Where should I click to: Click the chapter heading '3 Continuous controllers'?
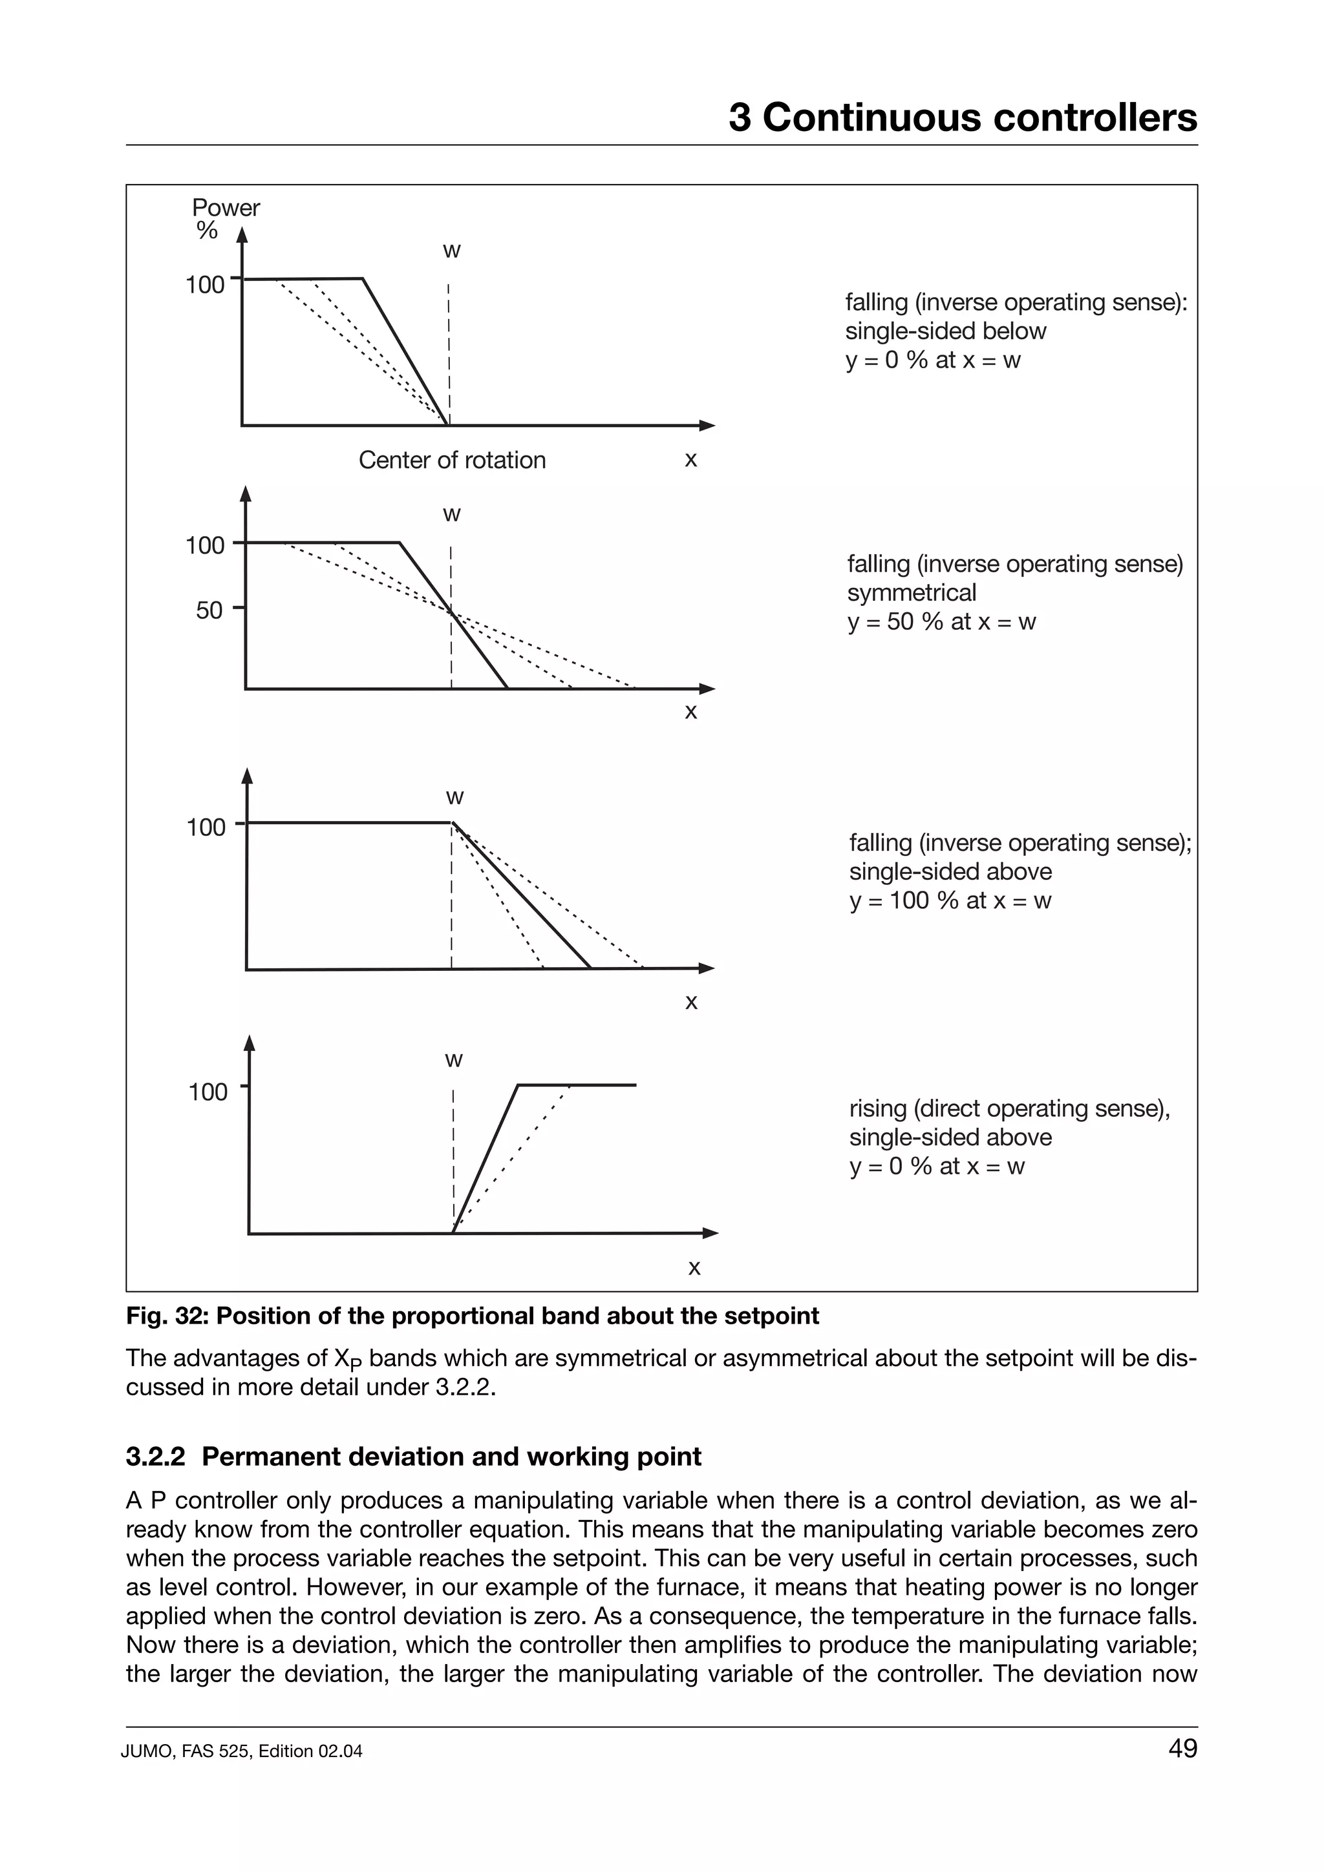tap(962, 118)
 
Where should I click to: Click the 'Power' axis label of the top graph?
tap(226, 208)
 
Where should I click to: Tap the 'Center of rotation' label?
tap(452, 460)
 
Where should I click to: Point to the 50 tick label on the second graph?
tap(209, 610)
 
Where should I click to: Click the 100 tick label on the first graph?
tap(205, 286)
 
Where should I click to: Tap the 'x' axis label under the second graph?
tap(691, 712)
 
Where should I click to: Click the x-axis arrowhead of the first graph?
tap(707, 426)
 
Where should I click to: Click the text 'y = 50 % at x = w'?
tap(941, 622)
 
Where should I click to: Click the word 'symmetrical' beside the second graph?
tap(911, 593)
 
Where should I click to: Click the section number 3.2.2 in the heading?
tap(156, 1457)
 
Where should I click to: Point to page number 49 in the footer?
tap(1182, 1748)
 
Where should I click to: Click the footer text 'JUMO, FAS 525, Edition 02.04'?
tap(242, 1751)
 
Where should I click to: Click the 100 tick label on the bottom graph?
tap(208, 1092)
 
